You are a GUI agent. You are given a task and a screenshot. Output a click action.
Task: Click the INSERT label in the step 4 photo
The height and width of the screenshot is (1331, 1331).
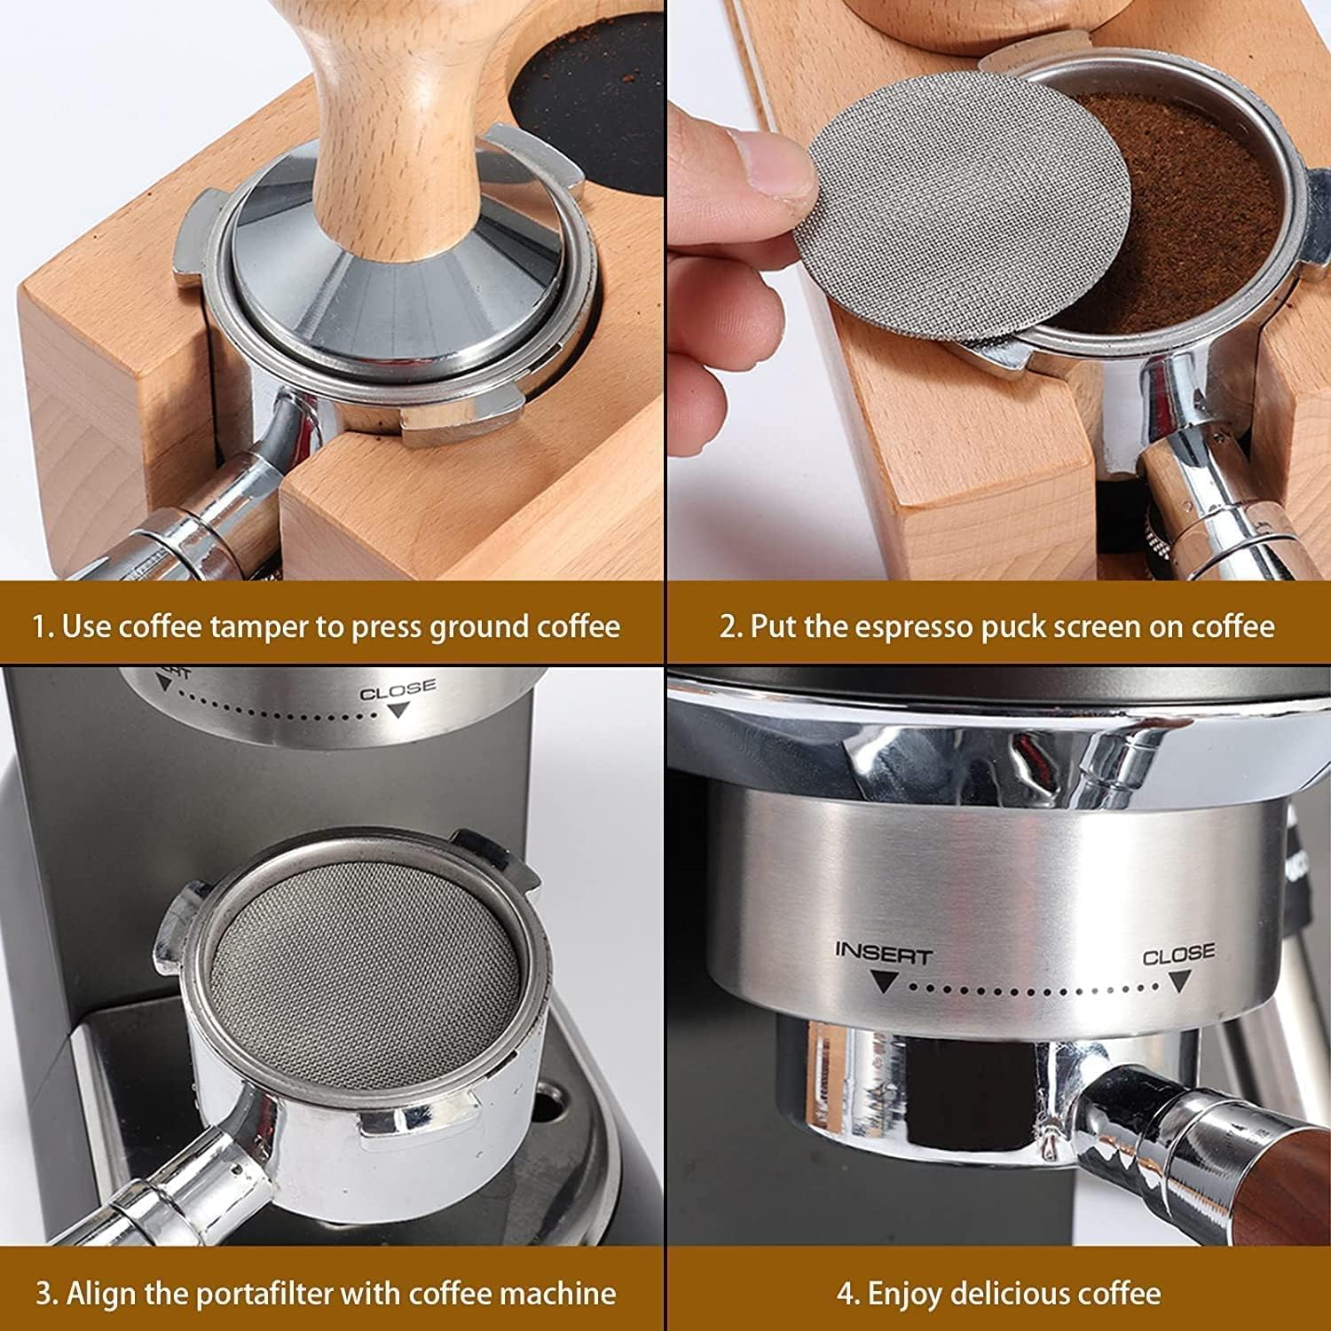tap(883, 956)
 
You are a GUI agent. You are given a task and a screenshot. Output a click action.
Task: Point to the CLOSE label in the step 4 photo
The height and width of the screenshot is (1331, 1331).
tap(1177, 956)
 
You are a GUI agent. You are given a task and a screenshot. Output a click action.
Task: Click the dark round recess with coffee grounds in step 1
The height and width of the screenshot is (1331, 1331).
tap(590, 106)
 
